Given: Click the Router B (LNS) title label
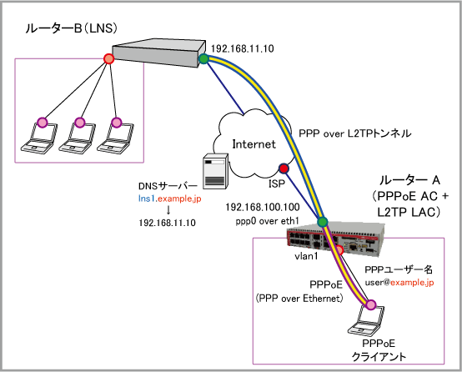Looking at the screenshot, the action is (72, 28).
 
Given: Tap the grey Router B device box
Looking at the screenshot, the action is (158, 54).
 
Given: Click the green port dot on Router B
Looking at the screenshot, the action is (203, 59).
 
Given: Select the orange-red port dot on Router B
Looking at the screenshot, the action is (109, 58).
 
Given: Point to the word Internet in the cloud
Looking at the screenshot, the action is (254, 144).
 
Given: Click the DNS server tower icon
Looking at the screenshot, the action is (215, 171).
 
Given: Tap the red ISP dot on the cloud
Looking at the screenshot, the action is (284, 168).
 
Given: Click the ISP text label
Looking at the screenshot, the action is (277, 183).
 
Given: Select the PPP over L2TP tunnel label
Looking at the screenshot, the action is (354, 133).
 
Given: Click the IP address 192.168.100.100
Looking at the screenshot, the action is (263, 207).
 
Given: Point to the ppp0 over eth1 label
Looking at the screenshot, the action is (267, 221).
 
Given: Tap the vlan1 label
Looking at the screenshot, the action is (306, 256).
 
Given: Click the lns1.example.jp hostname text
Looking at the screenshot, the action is (170, 199).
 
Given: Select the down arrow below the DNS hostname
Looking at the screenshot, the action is (168, 209).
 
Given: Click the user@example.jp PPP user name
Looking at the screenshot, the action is (399, 283).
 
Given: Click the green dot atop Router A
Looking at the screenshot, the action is (323, 221).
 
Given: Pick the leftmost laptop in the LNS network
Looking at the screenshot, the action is (39, 138).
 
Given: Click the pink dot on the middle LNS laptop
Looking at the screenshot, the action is (79, 122).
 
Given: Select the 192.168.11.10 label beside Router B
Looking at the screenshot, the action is (243, 48).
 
